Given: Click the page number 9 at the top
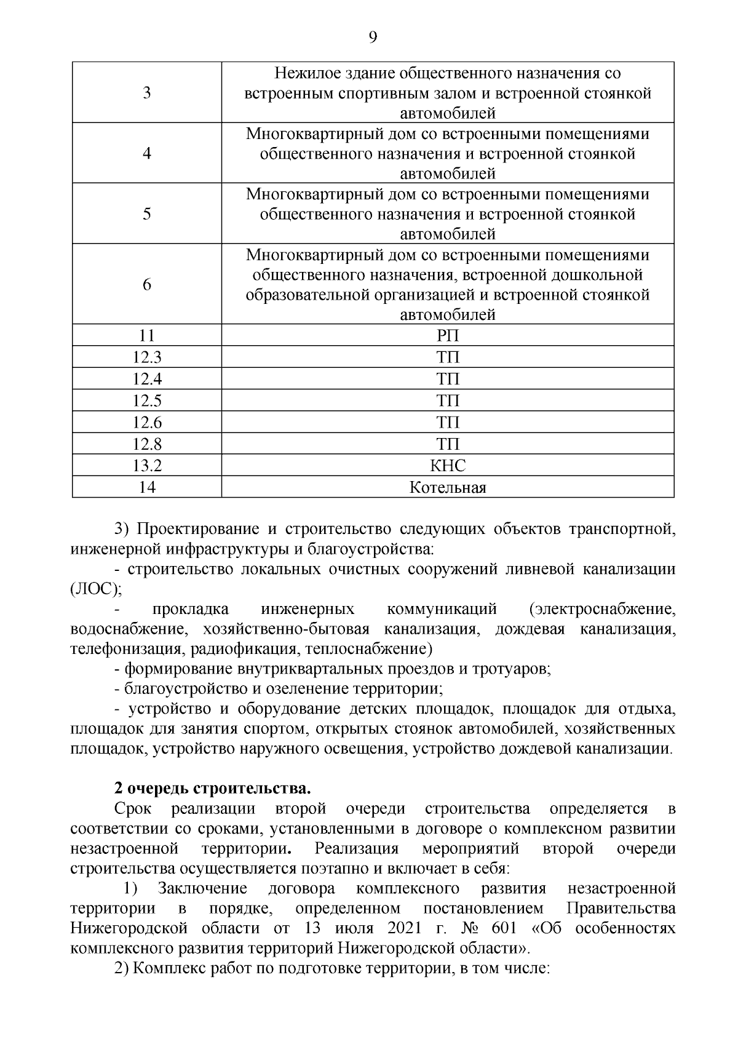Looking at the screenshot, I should (372, 38).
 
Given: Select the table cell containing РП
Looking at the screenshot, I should (448, 336).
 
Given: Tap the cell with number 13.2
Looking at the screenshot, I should (146, 466).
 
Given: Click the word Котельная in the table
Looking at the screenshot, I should (448, 488).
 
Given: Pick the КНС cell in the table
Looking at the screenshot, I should (448, 466).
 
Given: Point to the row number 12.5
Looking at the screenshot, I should (146, 401).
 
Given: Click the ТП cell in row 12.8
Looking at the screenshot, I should (448, 444).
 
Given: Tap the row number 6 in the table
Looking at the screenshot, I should (146, 285).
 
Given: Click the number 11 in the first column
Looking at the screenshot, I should (146, 336).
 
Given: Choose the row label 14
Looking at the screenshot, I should (146, 488).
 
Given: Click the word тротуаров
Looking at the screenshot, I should (510, 669).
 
